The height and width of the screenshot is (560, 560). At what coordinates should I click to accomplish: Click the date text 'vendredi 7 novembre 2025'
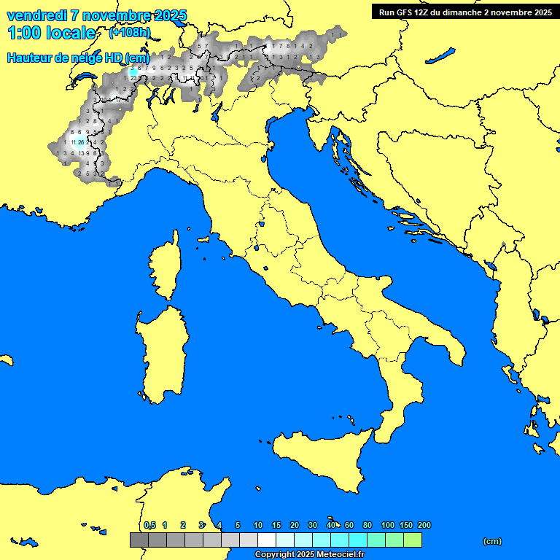point(96,15)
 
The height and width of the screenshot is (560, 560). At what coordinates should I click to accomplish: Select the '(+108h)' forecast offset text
point(129,33)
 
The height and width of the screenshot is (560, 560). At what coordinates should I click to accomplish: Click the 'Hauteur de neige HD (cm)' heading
point(78,58)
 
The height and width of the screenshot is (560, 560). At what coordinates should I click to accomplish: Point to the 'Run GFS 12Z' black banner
point(464,12)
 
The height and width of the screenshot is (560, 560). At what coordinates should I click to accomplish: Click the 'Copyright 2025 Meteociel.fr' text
point(309,554)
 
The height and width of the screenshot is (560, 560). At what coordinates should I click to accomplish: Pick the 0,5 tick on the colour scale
point(149,525)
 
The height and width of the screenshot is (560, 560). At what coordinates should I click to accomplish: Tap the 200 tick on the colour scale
point(424,525)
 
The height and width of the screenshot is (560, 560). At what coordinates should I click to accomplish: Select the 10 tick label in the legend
point(258,525)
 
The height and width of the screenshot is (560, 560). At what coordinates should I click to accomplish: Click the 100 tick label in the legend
point(388,525)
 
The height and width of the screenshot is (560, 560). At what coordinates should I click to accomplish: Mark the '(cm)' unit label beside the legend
point(492,541)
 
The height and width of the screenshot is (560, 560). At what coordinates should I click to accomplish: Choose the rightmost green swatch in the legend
point(413,540)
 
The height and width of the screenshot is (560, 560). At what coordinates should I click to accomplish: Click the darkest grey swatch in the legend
point(139,540)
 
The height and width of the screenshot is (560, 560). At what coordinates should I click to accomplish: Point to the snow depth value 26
point(81,143)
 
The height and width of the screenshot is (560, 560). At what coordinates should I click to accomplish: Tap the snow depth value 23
point(133,77)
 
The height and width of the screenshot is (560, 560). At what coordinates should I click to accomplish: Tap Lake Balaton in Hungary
point(441,56)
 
